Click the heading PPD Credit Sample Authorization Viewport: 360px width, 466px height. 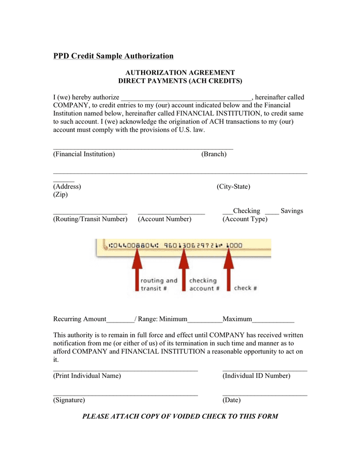(113, 56)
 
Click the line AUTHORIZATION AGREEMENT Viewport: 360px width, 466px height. (180, 72)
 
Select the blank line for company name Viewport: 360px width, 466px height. (186, 98)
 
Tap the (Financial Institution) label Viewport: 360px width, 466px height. (84, 154)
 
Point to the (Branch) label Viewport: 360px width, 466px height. (214, 154)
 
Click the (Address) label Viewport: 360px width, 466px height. (67, 186)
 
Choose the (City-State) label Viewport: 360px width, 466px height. (233, 186)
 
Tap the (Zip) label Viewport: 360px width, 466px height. (61, 195)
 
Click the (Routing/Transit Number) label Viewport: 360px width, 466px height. (90, 219)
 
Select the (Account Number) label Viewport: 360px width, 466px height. (164, 219)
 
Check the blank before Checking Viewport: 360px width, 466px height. (228, 212)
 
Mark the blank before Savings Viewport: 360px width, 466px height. (272, 212)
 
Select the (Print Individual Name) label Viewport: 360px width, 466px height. (87, 375)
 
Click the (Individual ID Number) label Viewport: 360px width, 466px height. (257, 375)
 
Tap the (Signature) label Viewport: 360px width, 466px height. (69, 400)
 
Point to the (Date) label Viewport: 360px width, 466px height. (232, 400)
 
